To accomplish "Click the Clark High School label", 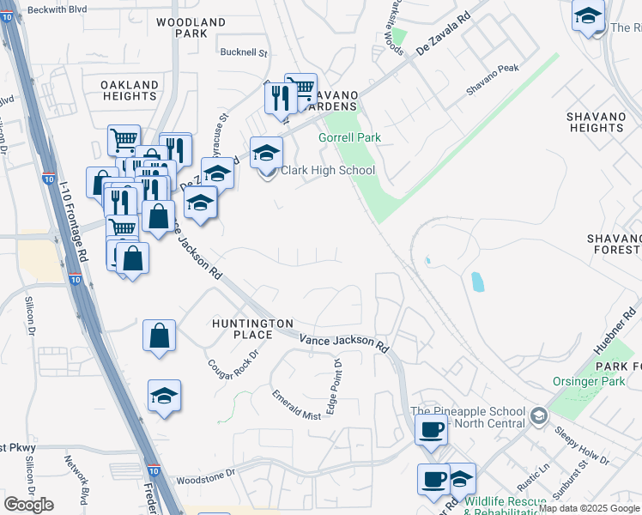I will coord(328,170).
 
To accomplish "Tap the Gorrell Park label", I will coord(349,137).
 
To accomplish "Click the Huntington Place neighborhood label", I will coord(253,329).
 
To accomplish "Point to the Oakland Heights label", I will coord(130,91).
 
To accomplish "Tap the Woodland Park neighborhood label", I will coord(191,27).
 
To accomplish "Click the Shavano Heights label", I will coord(601,122).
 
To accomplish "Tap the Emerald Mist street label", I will coord(296,405).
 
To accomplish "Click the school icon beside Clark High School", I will coord(267,153).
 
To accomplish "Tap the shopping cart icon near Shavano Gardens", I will coord(300,88).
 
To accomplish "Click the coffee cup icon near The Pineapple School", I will coord(431,430).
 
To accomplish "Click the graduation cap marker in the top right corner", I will coord(588,15).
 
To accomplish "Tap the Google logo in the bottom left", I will coord(28,505).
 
